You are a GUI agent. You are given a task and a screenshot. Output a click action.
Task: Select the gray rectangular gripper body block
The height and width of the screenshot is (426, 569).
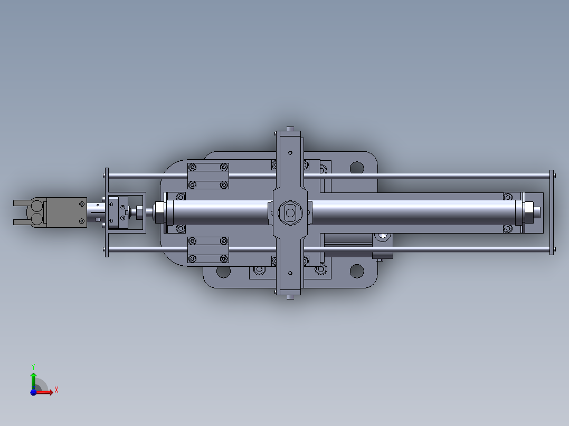coord(65,212)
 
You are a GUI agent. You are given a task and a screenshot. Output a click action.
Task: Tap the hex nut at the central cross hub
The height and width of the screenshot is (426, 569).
coord(289,212)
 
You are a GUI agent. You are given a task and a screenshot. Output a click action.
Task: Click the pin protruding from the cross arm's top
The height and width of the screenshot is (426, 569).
coord(289,128)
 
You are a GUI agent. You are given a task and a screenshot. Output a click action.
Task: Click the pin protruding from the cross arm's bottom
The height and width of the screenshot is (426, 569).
coord(289,297)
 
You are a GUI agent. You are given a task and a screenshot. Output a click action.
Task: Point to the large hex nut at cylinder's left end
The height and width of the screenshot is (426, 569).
coord(158,212)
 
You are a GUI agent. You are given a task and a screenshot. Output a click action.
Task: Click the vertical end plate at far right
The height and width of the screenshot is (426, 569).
coord(552,212)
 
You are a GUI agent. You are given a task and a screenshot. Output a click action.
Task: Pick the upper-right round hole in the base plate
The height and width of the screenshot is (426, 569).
coord(357,168)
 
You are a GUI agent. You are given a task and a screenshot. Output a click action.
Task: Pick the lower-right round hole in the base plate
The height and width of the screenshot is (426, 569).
coord(357,272)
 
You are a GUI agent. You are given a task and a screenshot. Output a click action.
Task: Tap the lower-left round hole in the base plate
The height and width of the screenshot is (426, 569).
coord(223,272)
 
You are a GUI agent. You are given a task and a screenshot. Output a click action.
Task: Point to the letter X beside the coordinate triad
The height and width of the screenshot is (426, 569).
coord(56,390)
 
